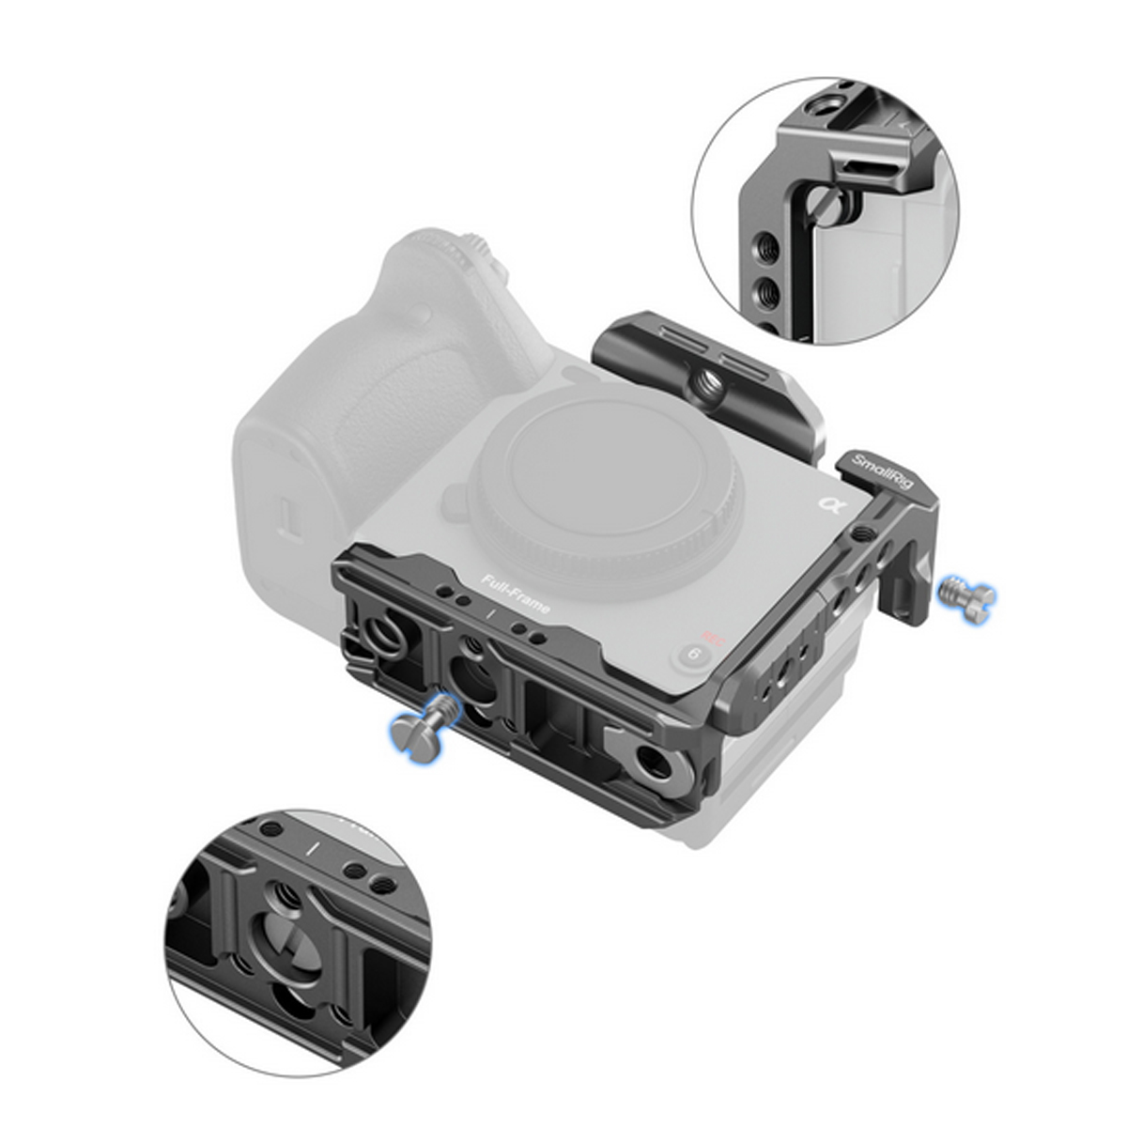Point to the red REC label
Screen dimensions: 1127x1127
(x=696, y=635)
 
